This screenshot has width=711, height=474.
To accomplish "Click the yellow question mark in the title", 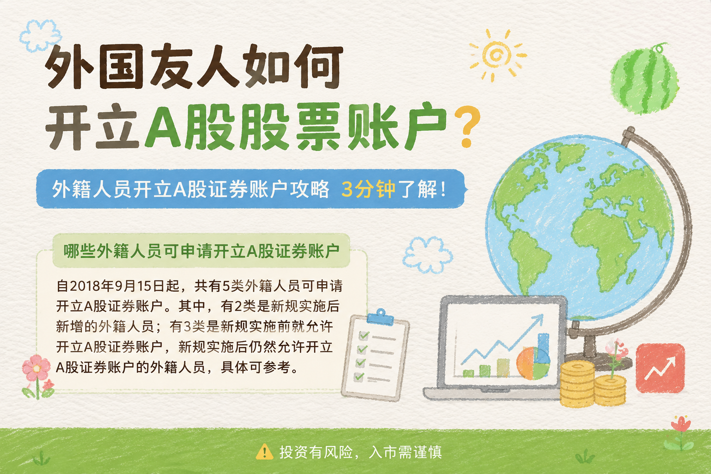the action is (x=467, y=127).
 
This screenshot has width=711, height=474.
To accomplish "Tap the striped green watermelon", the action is (x=644, y=79).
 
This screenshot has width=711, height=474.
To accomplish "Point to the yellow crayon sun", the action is (x=497, y=56).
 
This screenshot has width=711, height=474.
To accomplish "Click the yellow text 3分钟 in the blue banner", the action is (x=368, y=189).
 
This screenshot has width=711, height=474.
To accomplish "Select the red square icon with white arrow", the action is (x=660, y=368).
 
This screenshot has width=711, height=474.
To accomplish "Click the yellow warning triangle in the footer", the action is (x=264, y=452).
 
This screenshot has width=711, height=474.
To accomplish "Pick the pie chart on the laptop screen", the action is (x=533, y=363).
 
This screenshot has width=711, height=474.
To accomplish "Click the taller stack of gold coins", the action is (x=577, y=384).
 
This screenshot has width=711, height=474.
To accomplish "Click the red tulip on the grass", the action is (x=680, y=432).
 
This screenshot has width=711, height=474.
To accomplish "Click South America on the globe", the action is (x=527, y=260).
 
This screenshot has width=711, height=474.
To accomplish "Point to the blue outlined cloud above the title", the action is (x=40, y=36).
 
